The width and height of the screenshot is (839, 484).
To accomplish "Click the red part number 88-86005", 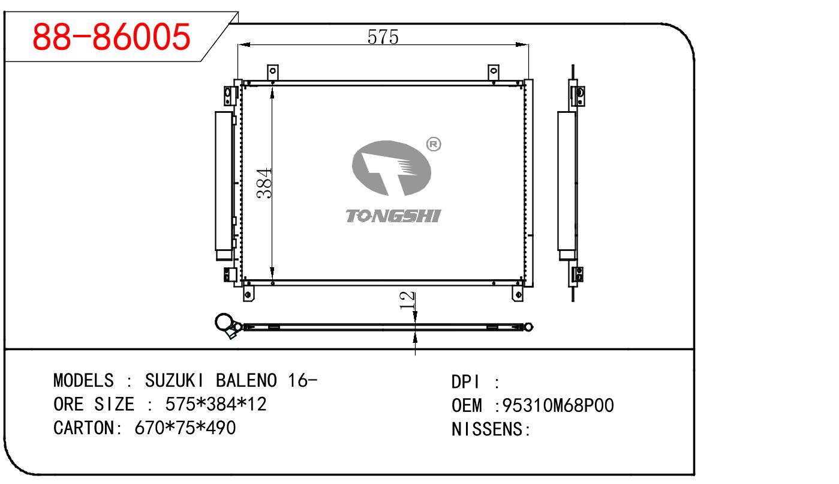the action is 112,37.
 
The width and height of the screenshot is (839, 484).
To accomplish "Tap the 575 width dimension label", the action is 383,37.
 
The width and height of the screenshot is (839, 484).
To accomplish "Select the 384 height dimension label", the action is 264,183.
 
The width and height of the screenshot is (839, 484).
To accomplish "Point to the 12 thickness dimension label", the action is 407,301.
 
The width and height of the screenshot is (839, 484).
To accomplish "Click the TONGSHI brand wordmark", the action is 393,216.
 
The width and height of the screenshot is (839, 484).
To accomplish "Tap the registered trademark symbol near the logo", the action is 434,144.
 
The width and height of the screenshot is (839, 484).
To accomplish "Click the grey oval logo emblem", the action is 392,168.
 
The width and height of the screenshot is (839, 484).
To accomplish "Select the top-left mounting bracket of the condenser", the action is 272,71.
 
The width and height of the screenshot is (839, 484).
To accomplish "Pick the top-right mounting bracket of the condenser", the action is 494,71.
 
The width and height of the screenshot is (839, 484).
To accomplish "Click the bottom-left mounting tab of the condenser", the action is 248,294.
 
